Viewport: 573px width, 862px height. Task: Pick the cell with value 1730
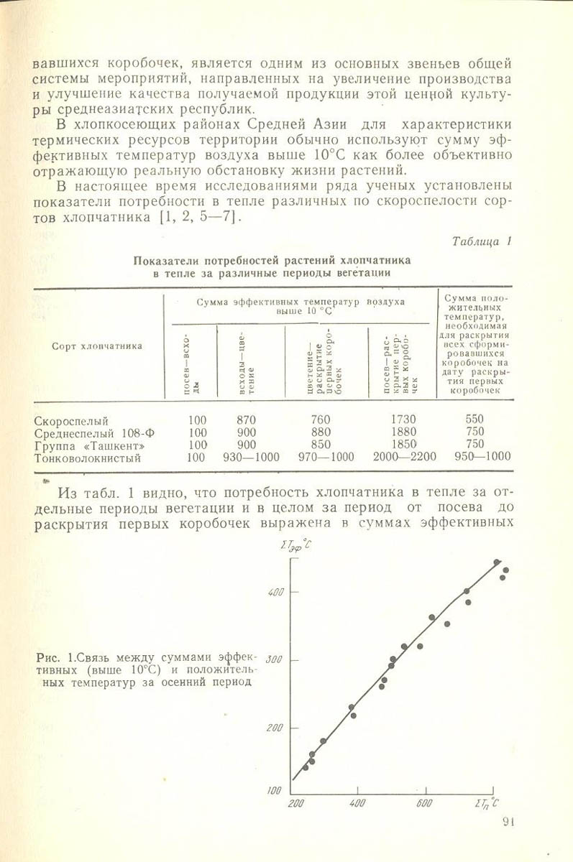403,420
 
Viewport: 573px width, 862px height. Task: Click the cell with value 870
246,420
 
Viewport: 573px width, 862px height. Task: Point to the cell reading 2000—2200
405,457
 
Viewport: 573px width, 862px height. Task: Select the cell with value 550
475,420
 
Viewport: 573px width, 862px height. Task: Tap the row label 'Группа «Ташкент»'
84,445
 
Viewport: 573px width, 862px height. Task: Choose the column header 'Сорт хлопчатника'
97,346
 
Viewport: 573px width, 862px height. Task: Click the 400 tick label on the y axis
275,592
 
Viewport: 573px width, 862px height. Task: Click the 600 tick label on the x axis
425,802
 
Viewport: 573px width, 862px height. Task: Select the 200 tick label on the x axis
294,802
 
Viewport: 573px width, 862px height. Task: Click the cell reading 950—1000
482,457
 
